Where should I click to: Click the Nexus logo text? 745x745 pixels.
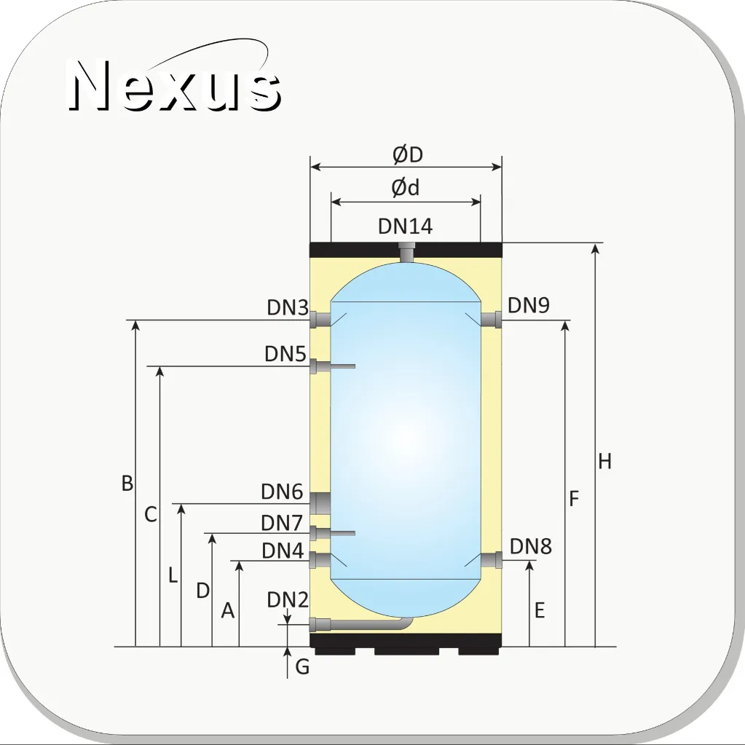174,85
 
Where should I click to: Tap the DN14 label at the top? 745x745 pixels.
406,226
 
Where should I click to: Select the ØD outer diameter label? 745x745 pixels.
408,155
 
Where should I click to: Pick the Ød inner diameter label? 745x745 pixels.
406,188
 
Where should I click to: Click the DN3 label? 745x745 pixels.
288,307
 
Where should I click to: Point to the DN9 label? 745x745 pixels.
529,305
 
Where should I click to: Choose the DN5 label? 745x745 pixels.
285,353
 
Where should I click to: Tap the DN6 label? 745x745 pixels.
283,492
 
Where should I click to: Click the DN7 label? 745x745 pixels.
283,523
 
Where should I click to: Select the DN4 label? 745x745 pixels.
283,551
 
